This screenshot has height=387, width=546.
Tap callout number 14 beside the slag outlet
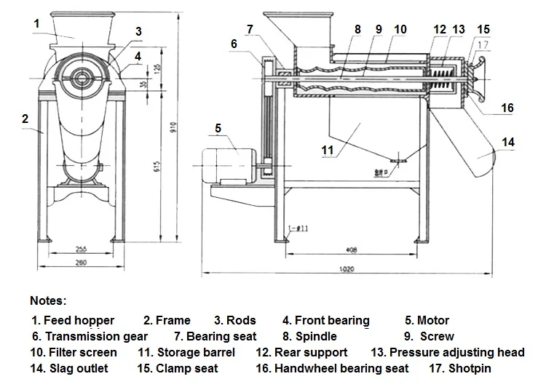click(x=507, y=143)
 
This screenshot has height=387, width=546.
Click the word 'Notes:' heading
click(x=48, y=300)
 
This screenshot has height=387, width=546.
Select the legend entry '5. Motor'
click(x=427, y=320)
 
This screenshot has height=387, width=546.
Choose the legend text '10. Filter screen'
click(x=73, y=353)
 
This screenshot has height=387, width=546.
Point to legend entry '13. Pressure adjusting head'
click(x=447, y=353)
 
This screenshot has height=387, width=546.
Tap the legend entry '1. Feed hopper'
click(x=72, y=320)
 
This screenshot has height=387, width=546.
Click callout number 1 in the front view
click(x=36, y=23)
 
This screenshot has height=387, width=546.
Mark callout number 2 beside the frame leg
click(x=25, y=118)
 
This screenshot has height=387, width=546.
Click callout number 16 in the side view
click(x=507, y=108)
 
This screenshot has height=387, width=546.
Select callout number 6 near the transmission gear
click(x=234, y=44)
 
